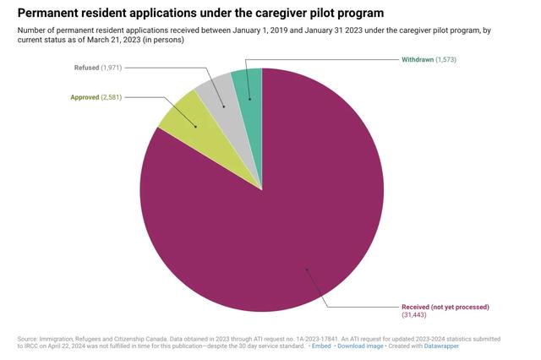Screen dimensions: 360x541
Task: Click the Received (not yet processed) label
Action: (x=445, y=306)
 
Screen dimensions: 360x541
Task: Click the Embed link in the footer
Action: (x=320, y=346)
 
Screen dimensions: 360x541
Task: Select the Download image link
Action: (x=363, y=346)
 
